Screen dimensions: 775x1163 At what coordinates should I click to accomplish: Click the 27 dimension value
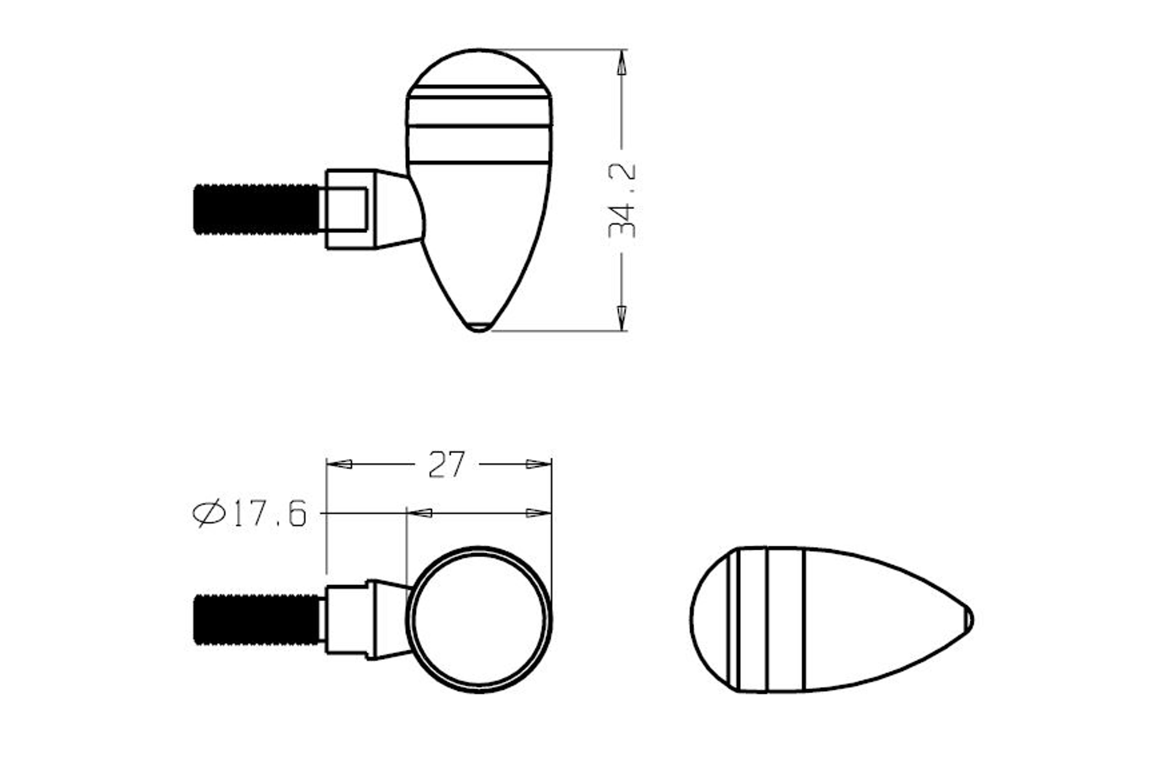tap(446, 464)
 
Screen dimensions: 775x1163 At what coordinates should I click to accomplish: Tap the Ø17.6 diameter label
tap(250, 513)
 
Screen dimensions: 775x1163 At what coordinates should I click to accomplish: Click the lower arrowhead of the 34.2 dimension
tap(622, 317)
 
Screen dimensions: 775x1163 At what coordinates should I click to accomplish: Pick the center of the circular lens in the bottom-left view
tap(479, 620)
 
